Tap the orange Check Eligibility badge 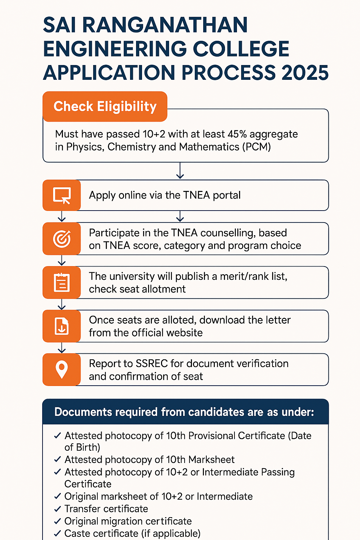tap(105, 107)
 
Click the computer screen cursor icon tap(62, 195)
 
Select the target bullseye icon tap(62, 239)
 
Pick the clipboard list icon tap(62, 282)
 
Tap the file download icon tap(62, 326)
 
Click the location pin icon tap(62, 369)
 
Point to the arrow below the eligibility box tap(180, 171)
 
